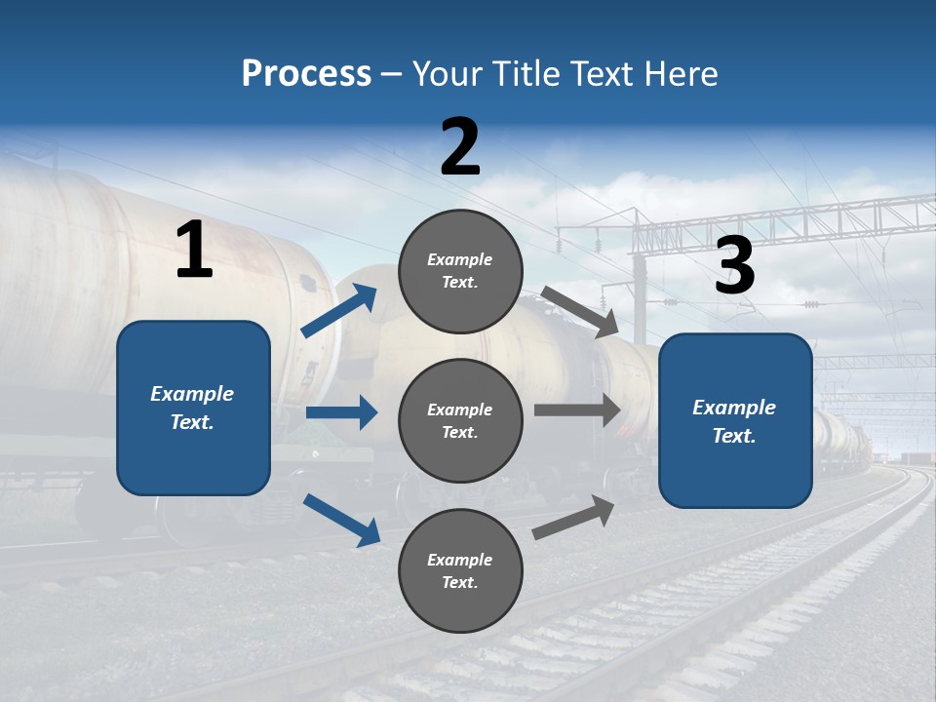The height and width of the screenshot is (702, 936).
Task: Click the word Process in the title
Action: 306,74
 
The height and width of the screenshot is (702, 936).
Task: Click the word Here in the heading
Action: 680,74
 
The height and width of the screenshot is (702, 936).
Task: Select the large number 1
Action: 194,251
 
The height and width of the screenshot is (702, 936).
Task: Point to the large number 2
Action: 460,147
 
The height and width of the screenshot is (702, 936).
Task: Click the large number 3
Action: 734,265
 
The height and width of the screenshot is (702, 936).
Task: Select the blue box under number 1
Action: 193,408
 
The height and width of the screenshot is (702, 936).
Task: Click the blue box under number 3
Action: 735,420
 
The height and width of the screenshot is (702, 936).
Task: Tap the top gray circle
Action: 460,271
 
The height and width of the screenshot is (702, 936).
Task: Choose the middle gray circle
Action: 460,420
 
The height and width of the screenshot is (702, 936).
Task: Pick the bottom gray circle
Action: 460,570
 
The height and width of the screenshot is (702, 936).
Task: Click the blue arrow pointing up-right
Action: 339,311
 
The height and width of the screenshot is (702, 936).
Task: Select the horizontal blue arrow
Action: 341,412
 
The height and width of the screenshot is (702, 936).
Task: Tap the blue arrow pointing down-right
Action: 341,520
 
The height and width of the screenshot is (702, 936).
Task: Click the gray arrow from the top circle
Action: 580,312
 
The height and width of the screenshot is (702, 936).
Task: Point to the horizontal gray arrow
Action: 577,410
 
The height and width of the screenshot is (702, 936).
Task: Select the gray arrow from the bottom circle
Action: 574,517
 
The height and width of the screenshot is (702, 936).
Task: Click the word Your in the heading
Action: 445,74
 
